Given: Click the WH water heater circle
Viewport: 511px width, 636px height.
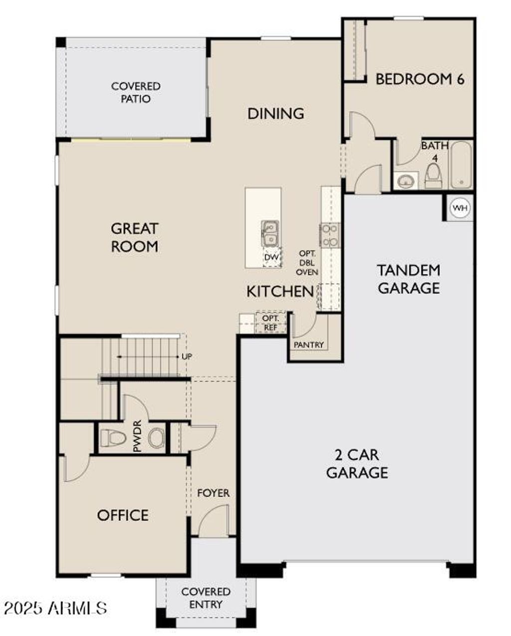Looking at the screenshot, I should pos(460,208).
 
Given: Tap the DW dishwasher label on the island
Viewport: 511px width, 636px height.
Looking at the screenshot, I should pos(271,257).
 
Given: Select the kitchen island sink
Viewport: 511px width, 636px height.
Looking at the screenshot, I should pos(270,233).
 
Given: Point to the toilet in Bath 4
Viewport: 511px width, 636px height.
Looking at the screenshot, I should pos(433,175).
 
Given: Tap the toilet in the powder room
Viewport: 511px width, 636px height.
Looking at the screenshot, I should pos(112,439).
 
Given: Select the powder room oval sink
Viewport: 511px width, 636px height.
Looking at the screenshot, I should pos(156,439).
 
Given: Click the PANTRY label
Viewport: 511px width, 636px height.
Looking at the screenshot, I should pos(309,345).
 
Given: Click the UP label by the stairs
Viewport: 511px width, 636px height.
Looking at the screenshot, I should pos(187,356).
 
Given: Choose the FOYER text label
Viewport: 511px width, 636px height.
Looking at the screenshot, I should pos(214,493).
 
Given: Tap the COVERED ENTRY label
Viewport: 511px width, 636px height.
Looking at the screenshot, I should pos(206,598).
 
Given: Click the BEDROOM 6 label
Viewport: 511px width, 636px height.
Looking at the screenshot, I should pos(420,79).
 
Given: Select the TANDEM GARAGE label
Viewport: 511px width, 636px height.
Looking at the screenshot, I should pos(408,279).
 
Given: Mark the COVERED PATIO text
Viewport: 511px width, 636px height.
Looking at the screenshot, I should pos(136,92).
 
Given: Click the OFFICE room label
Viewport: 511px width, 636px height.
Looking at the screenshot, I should pos(123,515).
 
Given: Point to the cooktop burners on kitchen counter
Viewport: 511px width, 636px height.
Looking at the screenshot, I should pos(330,235).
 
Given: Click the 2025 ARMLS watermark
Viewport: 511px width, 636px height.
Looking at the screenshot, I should pos(55,608).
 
